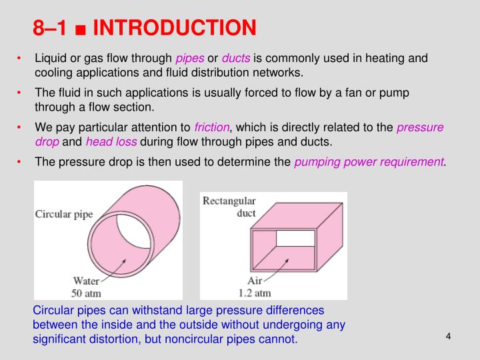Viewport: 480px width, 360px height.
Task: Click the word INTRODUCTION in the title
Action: (x=174, y=27)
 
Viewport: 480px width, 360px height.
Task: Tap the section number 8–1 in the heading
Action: (x=51, y=27)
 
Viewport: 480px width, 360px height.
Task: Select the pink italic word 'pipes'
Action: (x=190, y=59)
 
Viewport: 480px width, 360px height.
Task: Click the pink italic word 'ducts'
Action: (x=236, y=59)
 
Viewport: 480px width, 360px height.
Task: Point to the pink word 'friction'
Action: (x=212, y=127)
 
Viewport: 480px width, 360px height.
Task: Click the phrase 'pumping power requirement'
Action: (x=369, y=162)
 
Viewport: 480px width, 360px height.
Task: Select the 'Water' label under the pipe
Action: (x=85, y=281)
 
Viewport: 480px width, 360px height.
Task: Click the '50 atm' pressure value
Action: (x=85, y=292)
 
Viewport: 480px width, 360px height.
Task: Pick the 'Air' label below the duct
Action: (x=254, y=281)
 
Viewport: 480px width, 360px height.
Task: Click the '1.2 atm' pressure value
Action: (x=254, y=292)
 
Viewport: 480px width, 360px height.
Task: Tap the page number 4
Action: (x=449, y=335)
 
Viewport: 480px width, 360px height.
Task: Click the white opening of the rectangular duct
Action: (x=295, y=238)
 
